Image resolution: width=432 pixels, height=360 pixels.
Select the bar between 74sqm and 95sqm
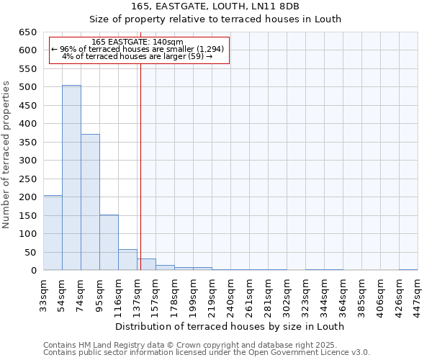coord(90,202)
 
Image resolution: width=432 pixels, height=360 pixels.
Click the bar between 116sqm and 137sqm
coord(127,260)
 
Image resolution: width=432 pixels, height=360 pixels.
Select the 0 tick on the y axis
coord(33,271)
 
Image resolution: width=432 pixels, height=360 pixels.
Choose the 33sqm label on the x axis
coord(44,294)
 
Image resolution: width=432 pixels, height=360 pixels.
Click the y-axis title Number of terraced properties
coord(7,155)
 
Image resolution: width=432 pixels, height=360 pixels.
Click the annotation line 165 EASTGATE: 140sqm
coord(138,42)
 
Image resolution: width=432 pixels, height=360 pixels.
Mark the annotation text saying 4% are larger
coord(138,56)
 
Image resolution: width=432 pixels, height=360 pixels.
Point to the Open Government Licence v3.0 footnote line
coord(207,353)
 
